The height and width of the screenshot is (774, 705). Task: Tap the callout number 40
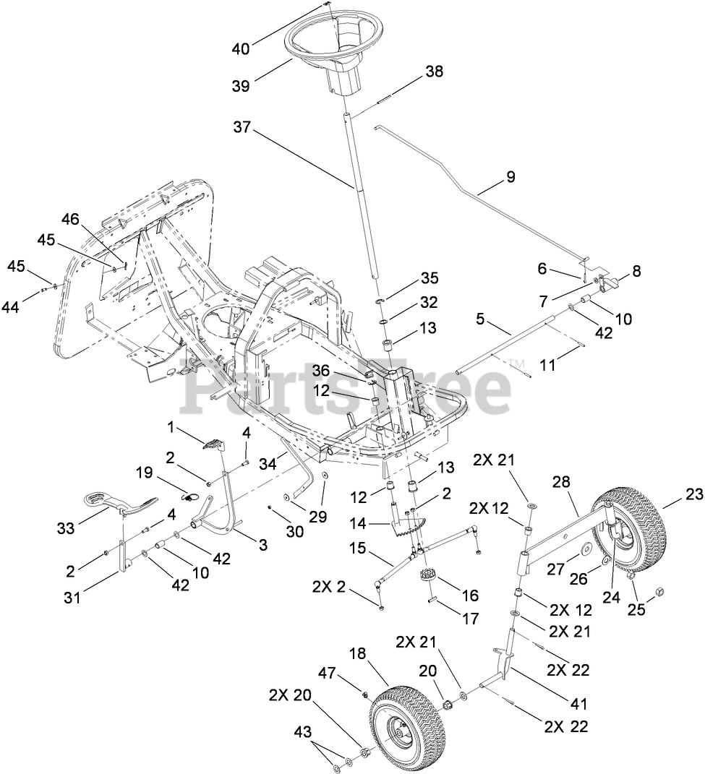pyautogui.click(x=241, y=49)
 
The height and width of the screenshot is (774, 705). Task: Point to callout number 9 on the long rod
pyautogui.click(x=510, y=176)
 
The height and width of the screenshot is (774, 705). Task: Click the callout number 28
pyautogui.click(x=563, y=482)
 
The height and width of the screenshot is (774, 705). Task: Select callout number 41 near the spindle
pyautogui.click(x=578, y=702)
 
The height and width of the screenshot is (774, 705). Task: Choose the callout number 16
pyautogui.click(x=469, y=595)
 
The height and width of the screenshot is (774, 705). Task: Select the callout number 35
pyautogui.click(x=430, y=278)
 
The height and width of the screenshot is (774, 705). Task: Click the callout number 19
pyautogui.click(x=143, y=472)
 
